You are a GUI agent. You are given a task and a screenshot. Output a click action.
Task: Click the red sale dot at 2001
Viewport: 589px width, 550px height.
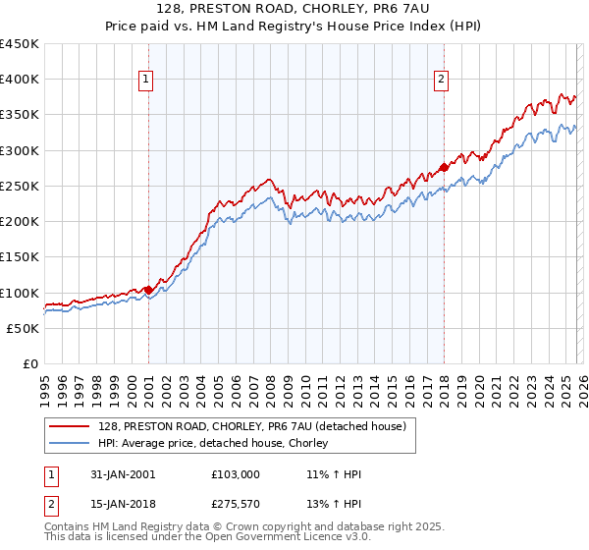(148, 290)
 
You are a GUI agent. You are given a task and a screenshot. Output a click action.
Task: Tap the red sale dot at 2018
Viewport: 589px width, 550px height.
(444, 167)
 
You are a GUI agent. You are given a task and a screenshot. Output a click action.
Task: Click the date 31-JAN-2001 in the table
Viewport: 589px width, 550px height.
(121, 474)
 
